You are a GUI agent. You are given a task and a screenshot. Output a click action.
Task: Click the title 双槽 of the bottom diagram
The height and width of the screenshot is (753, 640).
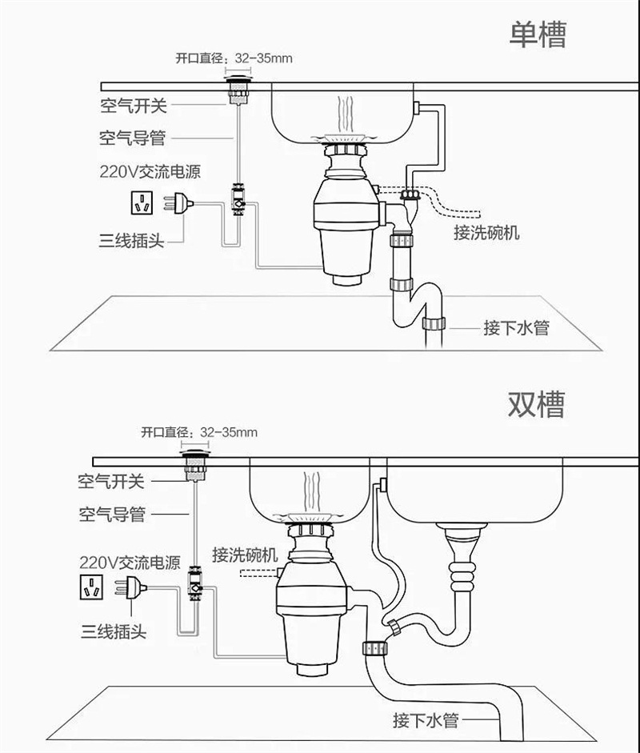pos(536,404)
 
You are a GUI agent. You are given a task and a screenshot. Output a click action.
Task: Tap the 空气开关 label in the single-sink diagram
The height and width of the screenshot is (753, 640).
pos(134,105)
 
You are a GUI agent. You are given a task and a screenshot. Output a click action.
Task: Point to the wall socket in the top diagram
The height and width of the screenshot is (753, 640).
pos(144,203)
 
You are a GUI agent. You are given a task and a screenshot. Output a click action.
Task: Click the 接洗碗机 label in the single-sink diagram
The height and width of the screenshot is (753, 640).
pos(486,233)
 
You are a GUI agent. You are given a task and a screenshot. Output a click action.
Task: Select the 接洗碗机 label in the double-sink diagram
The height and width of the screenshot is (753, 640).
pos(245,555)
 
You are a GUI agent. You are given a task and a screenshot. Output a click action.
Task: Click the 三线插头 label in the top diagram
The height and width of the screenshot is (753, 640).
pos(132,239)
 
